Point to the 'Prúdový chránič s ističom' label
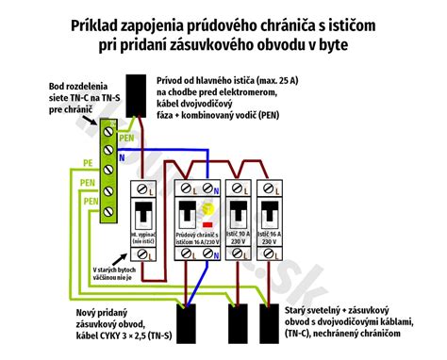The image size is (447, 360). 195,237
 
